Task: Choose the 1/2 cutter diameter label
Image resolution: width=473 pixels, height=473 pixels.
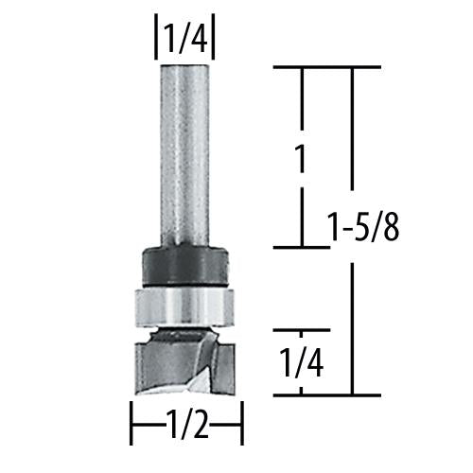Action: click(186, 432)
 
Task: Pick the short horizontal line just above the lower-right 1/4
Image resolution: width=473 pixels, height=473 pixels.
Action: click(301, 330)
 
